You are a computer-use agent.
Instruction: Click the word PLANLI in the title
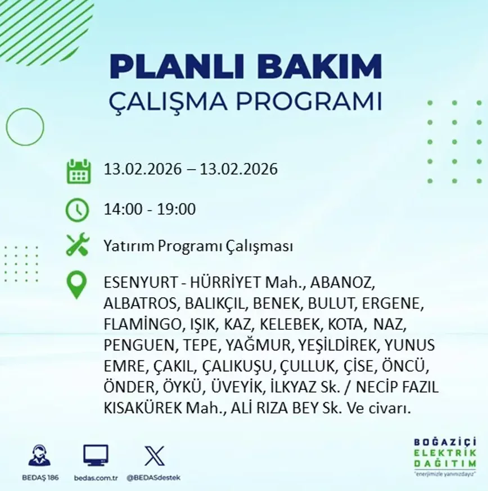(177, 66)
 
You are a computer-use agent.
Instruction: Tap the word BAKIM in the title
(318, 66)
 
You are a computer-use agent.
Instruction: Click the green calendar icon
(79, 171)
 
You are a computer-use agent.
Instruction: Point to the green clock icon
(78, 210)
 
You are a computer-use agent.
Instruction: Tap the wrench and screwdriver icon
(78, 244)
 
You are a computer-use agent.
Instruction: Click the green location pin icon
(76, 284)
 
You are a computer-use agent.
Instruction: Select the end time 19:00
(176, 209)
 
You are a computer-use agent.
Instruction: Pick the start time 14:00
(123, 209)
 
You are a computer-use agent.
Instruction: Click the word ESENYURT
(141, 283)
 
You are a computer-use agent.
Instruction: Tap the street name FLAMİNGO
(142, 324)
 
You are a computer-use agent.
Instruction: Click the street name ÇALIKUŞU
(236, 366)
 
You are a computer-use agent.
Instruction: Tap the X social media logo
(154, 456)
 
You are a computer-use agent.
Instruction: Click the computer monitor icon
(96, 455)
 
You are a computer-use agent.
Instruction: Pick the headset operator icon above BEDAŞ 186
(39, 455)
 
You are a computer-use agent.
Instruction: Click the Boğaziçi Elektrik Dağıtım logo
(445, 457)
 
